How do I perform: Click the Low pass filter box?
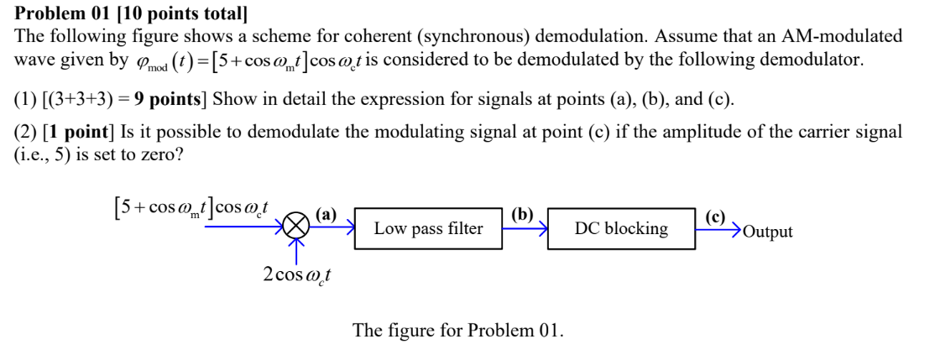tap(428, 228)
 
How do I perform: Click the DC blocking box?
tap(622, 228)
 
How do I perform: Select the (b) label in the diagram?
tap(521, 213)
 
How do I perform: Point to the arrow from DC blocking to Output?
tap(718, 227)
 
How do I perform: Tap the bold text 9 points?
tap(164, 100)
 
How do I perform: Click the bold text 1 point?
tap(71, 132)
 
